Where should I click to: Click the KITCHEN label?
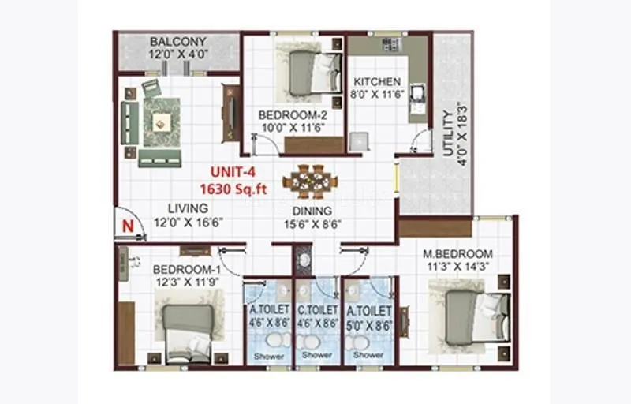[376, 81]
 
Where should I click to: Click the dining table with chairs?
[309, 181]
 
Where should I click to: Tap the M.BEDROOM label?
[457, 254]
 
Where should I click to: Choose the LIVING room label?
[188, 208]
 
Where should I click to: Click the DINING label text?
[312, 211]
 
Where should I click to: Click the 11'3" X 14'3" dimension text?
[457, 266]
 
